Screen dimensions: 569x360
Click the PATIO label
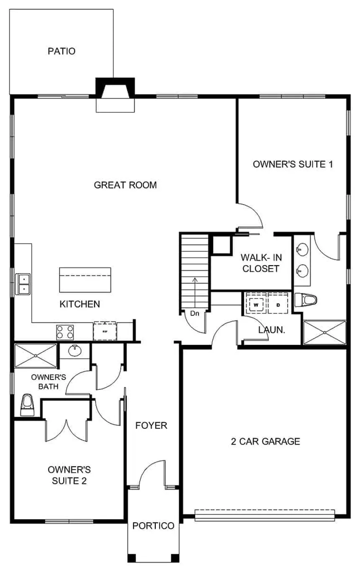(x=62, y=51)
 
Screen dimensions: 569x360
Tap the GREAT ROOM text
(x=125, y=185)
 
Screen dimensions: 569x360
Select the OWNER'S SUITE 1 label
(x=293, y=164)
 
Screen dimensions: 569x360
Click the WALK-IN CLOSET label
(x=260, y=263)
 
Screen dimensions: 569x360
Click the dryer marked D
(x=278, y=305)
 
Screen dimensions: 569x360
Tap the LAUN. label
(x=272, y=330)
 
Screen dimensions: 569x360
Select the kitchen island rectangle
(x=85, y=280)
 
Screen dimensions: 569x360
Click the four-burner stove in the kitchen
(x=65, y=332)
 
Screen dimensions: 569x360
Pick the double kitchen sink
(x=23, y=284)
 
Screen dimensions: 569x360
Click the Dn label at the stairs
(x=194, y=313)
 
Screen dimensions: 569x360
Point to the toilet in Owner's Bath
(x=27, y=405)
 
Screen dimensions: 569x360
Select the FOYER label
(x=151, y=425)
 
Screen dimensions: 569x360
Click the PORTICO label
(x=153, y=526)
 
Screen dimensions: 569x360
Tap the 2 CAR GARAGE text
(x=265, y=441)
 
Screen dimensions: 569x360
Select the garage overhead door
(x=265, y=515)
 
